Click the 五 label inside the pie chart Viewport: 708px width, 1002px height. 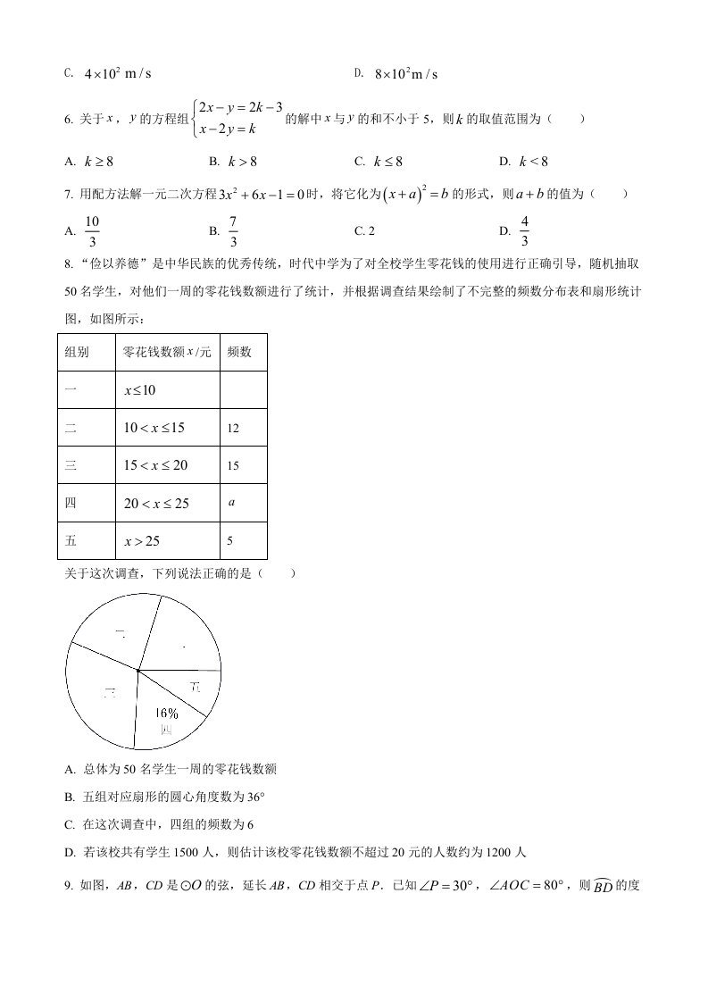(196, 686)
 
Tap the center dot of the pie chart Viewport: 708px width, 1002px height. (138, 669)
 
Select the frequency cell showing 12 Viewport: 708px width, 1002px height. (233, 429)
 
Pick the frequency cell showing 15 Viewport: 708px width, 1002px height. (233, 466)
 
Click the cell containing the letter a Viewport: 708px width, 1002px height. (231, 503)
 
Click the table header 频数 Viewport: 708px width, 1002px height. (239, 352)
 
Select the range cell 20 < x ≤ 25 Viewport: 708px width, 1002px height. (157, 504)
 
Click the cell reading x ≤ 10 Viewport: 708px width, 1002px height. (140, 391)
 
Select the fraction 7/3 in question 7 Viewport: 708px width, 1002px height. (233, 231)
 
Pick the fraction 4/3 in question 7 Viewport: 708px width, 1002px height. (524, 231)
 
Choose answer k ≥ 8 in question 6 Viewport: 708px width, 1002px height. (98, 162)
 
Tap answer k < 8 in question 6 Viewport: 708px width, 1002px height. (533, 162)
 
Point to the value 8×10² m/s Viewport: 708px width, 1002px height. (406, 74)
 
